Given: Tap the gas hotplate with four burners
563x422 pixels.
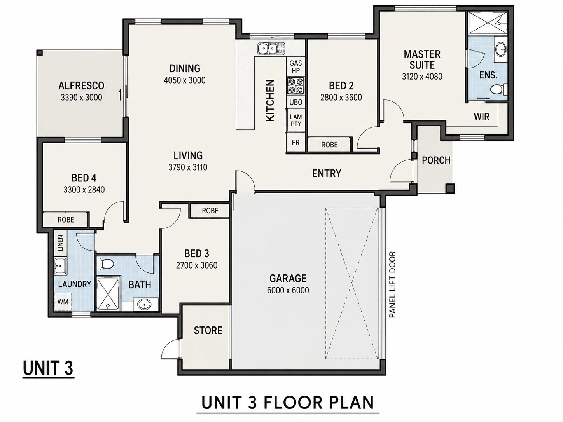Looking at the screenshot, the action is (x=296, y=86).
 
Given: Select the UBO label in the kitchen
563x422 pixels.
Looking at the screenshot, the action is (x=296, y=102).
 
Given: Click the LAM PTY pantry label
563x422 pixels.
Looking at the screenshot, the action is (x=296, y=120).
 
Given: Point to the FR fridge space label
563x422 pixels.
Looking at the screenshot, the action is (x=296, y=142).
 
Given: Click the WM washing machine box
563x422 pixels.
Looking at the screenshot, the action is (x=63, y=302).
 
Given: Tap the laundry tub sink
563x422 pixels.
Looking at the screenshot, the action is (x=61, y=266).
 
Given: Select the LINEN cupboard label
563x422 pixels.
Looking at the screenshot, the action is (x=60, y=243).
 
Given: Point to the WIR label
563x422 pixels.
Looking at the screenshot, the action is (x=481, y=117).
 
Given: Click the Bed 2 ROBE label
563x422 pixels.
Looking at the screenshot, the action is (x=329, y=145).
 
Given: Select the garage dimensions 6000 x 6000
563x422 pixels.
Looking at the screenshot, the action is (x=288, y=290).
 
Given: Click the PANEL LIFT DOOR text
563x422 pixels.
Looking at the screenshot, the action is (x=392, y=285).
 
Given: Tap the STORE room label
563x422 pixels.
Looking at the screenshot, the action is (x=208, y=331).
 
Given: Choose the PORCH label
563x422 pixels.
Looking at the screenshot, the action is (x=436, y=160).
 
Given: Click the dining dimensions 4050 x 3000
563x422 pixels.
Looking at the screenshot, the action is (x=185, y=80).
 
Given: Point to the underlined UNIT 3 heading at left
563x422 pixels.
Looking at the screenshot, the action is (x=48, y=368).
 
